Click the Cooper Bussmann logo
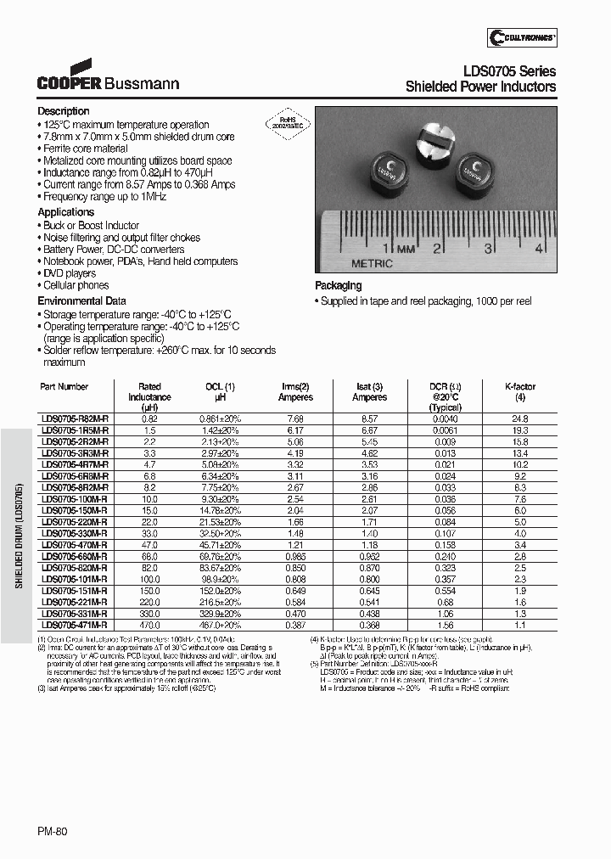(107, 77)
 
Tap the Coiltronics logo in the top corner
(522, 36)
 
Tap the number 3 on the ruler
(489, 249)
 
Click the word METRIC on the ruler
(373, 263)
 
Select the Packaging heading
(338, 286)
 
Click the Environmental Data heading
(81, 300)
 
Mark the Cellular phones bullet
(77, 285)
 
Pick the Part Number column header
(64, 386)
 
